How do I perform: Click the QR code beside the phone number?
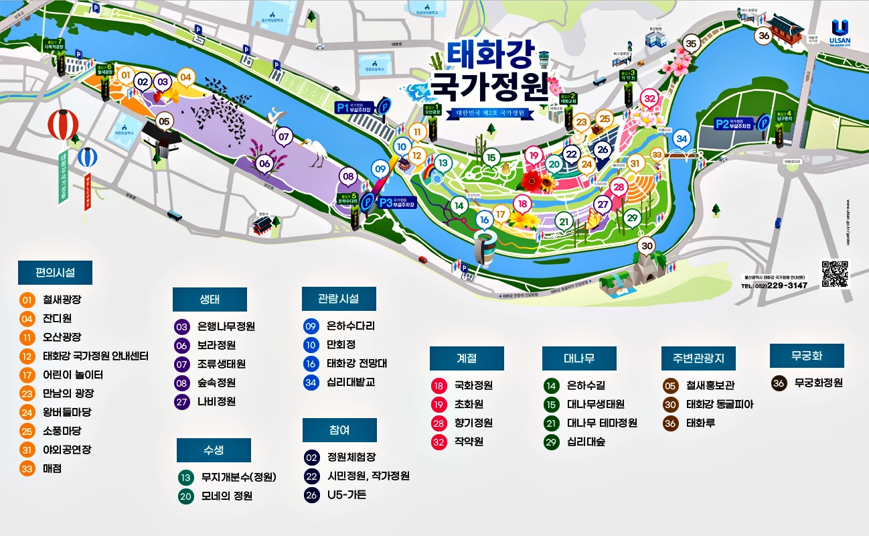[x=835, y=273]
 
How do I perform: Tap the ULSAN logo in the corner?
[x=840, y=32]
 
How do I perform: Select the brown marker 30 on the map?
[x=646, y=246]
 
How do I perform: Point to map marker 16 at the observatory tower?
[x=484, y=219]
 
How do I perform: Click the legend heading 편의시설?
[x=55, y=273]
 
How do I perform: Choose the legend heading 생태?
[x=210, y=299]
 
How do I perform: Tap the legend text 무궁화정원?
[x=818, y=383]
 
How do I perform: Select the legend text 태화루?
[x=700, y=423]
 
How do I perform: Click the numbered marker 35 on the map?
[x=692, y=44]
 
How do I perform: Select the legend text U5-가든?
[x=347, y=495]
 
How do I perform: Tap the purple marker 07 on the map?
[x=285, y=137]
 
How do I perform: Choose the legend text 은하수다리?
[x=350, y=326]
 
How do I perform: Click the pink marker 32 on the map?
[x=649, y=98]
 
